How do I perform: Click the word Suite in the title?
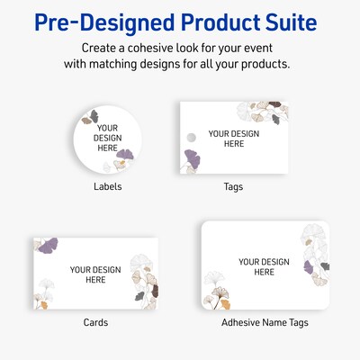click(292, 21)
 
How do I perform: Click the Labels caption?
click(107, 186)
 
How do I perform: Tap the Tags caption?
click(233, 186)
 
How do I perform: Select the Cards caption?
click(95, 321)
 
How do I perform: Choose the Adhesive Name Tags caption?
click(260, 321)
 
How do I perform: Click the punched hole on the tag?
click(190, 135)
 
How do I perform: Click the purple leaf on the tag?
click(191, 158)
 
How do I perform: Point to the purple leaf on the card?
click(40, 246)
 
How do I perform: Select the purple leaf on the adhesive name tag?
click(310, 266)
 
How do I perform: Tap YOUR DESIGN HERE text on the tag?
click(233, 139)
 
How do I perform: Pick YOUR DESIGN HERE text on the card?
click(94, 274)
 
